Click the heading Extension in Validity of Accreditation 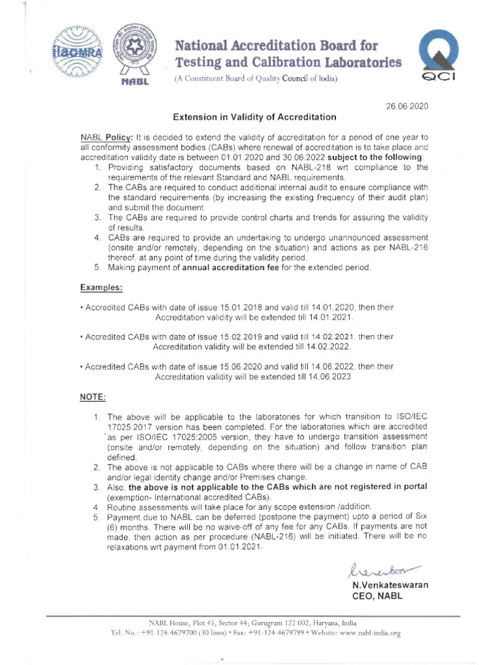[x=254, y=118]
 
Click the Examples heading [x=101, y=286]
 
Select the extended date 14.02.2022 [x=329, y=347]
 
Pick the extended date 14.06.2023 [x=329, y=377]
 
